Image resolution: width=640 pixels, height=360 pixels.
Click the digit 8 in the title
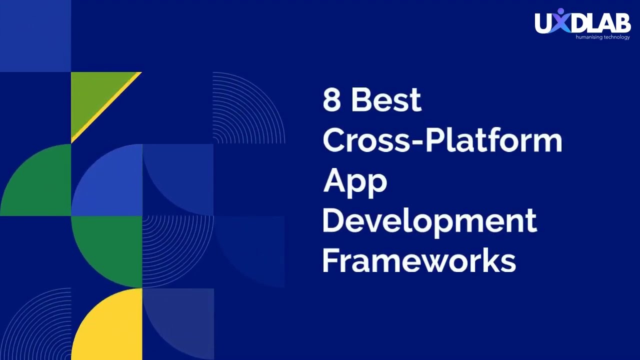(331, 99)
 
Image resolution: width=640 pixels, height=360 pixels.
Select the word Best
(386, 99)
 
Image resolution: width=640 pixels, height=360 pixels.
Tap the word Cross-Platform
(442, 140)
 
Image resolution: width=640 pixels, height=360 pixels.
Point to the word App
(355, 181)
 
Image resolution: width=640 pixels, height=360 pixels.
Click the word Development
(429, 221)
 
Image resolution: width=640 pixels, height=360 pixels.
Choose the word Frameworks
(419, 261)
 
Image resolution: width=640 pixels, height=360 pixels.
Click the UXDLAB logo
(582, 23)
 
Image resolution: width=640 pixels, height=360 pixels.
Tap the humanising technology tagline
(602, 37)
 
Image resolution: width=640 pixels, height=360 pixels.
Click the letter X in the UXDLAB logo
(560, 22)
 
